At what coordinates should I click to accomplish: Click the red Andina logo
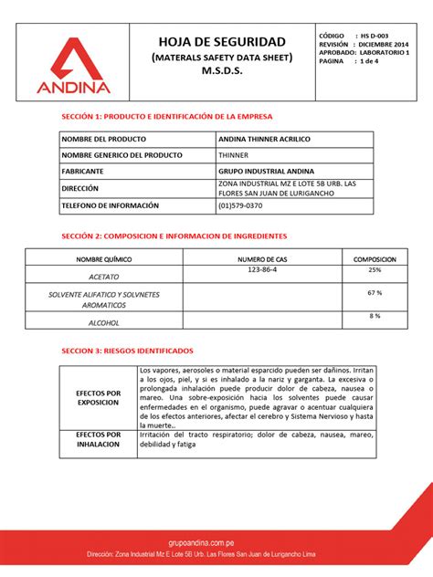click(74, 67)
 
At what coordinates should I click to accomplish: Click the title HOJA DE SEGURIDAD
click(223, 42)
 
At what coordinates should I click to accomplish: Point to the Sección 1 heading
click(166, 117)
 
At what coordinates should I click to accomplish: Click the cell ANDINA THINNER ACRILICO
click(264, 140)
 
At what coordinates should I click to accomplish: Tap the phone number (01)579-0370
click(241, 205)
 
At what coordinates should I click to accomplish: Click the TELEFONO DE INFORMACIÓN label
click(111, 205)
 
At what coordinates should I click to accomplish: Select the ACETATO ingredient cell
click(103, 276)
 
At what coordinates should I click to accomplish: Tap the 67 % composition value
click(374, 292)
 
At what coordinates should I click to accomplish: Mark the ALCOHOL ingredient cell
click(103, 321)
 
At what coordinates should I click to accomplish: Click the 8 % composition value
click(375, 316)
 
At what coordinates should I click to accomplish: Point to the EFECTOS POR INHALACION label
click(99, 440)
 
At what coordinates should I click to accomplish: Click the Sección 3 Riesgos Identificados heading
click(127, 351)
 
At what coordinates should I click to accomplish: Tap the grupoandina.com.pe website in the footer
click(216, 541)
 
